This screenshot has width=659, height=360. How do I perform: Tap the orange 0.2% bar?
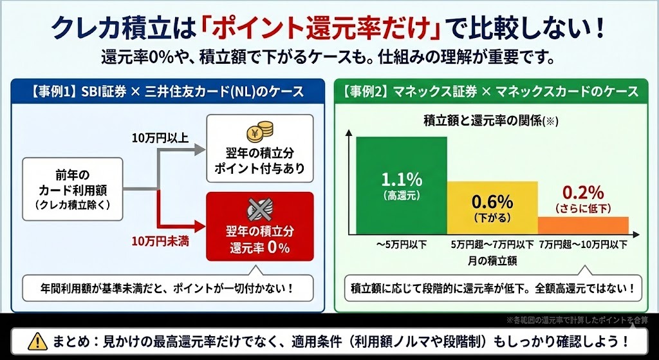(582, 225)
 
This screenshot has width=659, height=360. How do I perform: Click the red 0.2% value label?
(582, 192)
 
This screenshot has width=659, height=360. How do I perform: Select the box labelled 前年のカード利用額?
(72, 189)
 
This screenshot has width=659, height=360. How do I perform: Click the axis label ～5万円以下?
(400, 245)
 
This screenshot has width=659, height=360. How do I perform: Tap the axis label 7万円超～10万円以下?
(583, 245)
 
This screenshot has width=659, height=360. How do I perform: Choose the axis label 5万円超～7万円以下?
(492, 245)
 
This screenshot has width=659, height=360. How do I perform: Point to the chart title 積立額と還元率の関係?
(486, 120)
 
